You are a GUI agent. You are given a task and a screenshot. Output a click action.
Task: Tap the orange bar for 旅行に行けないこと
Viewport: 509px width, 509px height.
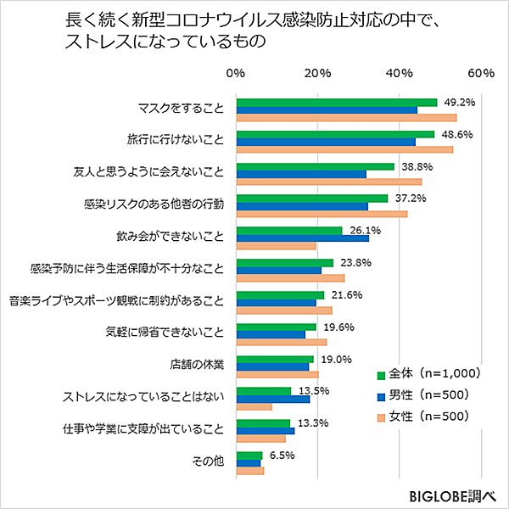tap(344, 150)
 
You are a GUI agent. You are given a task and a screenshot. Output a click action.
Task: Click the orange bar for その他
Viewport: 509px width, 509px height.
tap(250, 471)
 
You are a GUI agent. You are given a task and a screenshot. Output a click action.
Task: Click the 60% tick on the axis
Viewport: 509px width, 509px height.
tap(481, 74)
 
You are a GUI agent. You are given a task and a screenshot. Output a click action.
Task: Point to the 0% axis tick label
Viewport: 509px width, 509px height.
tap(237, 74)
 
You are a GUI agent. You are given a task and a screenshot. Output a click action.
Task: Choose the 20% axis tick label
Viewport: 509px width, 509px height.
tap(317, 74)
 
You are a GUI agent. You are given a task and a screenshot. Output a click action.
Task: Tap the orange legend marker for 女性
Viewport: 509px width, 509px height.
tap(380, 417)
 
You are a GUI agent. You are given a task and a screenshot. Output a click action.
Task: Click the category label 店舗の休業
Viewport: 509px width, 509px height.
tap(196, 365)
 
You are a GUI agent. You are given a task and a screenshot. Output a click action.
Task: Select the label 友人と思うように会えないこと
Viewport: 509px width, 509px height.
tap(148, 172)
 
